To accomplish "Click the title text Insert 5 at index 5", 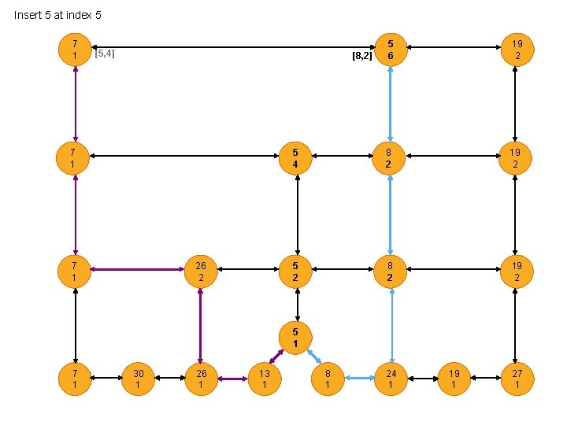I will click(x=57, y=15).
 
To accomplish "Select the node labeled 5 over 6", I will click(x=391, y=48).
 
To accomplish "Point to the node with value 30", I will click(x=138, y=379).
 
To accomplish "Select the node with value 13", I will click(x=265, y=379).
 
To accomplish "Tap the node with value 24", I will click(x=391, y=379).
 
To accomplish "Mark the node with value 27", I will click(x=517, y=379).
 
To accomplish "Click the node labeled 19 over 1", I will click(x=454, y=379).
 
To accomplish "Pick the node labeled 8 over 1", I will click(x=328, y=379).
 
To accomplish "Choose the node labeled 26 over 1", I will click(x=201, y=379).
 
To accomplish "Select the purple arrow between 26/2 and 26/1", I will click(x=201, y=324).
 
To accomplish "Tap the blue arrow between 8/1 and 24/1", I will click(x=359, y=379).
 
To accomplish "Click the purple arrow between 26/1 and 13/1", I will click(x=232, y=379).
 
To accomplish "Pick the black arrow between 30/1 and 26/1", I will click(x=169, y=379).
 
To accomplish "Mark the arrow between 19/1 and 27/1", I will click(x=485, y=379).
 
